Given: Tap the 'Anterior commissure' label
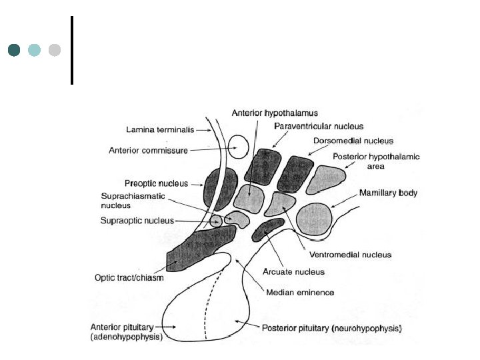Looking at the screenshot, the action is pyautogui.click(x=148, y=151).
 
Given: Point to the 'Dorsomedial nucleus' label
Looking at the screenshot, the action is pyautogui.click(x=353, y=141).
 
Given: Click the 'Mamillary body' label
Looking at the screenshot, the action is pyautogui.click(x=389, y=193).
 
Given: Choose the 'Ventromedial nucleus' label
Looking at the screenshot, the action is pyautogui.click(x=351, y=255).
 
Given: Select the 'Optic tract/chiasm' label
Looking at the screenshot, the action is pyautogui.click(x=128, y=277).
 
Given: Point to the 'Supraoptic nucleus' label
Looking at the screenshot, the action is pyautogui.click(x=137, y=221).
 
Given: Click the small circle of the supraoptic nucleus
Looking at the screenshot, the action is pyautogui.click(x=216, y=221).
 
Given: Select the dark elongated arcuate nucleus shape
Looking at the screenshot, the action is pyautogui.click(x=268, y=229).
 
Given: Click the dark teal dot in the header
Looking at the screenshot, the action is pyautogui.click(x=14, y=50).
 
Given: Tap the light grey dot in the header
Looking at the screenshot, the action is pyautogui.click(x=55, y=50).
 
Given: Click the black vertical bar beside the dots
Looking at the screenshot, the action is pyautogui.click(x=71, y=50).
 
